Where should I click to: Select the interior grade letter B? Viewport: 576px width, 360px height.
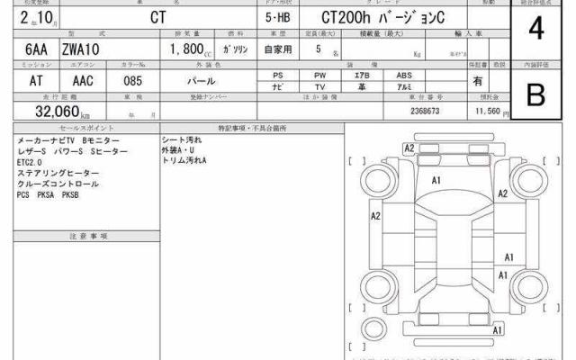(x=536, y=95)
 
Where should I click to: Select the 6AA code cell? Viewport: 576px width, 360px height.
(x=29, y=50)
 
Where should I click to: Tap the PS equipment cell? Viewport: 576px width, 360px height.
(x=279, y=76)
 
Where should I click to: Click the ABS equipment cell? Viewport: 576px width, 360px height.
(x=403, y=76)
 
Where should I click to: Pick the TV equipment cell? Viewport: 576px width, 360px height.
(x=320, y=86)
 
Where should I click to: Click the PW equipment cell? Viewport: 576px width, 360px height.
(x=320, y=76)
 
